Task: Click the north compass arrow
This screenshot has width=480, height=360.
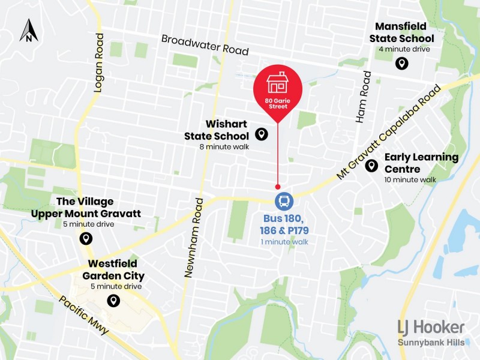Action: coord(28,31)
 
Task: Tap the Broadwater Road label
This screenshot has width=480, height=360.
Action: coord(205,44)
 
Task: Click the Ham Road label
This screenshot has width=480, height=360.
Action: coord(365,96)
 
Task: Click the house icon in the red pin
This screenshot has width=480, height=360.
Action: coord(277,82)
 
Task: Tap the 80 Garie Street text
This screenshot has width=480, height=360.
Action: coord(277,104)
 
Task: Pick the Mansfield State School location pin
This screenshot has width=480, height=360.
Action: coord(401,63)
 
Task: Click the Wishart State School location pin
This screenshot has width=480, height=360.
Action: coord(261,134)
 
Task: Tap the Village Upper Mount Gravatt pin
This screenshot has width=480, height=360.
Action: coord(86,239)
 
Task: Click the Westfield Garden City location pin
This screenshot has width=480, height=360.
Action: coord(112,301)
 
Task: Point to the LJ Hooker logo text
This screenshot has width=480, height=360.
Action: coord(431,328)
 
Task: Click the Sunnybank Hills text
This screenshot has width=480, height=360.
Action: coord(431,343)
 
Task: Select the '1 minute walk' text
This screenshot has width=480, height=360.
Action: coord(284,241)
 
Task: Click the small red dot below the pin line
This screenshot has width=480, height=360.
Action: coord(277,187)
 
